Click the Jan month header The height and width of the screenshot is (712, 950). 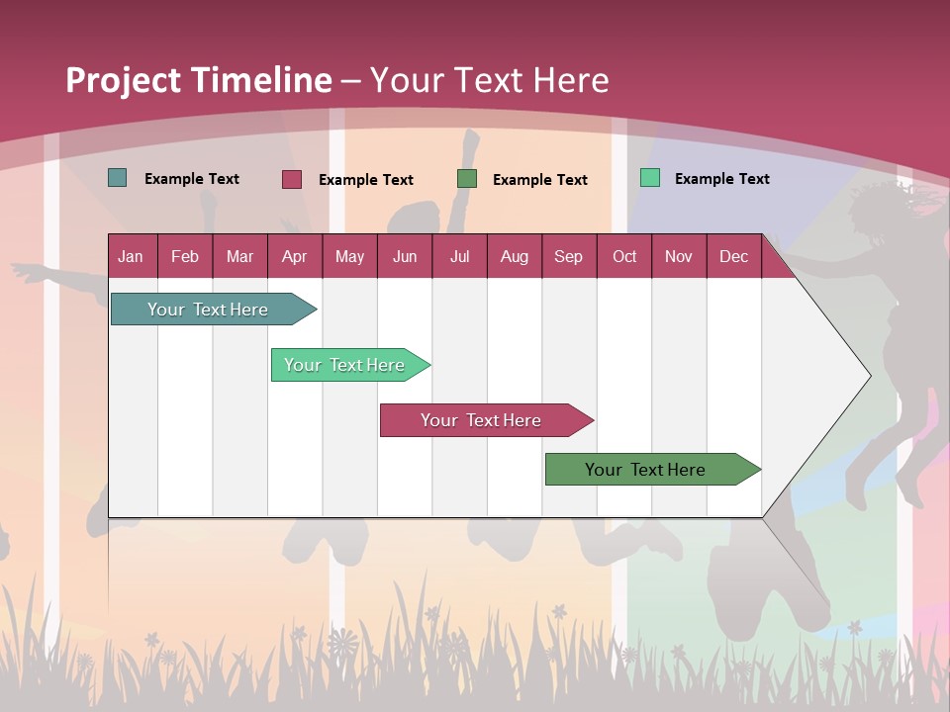[x=131, y=256]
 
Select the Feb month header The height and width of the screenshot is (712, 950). [x=185, y=256]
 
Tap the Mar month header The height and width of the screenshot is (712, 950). [x=239, y=256]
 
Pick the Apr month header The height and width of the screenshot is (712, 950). [x=294, y=256]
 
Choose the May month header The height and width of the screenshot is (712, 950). [x=349, y=256]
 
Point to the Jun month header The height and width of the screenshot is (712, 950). [x=405, y=256]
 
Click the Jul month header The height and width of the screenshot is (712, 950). [x=459, y=256]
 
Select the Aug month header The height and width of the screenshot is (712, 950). [x=515, y=256]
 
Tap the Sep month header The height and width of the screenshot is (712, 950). [x=569, y=256]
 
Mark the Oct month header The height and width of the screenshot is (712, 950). [x=624, y=256]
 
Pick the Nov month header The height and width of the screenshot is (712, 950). [x=679, y=256]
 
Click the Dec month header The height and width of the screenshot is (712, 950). [x=734, y=256]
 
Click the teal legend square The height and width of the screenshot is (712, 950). [x=118, y=178]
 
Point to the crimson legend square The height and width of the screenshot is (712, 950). [x=292, y=179]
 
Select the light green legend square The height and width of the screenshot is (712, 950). [x=650, y=178]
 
